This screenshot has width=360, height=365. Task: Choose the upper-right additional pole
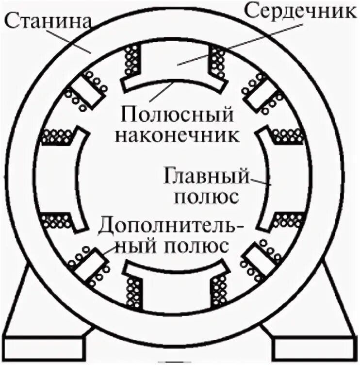point(262,92)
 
